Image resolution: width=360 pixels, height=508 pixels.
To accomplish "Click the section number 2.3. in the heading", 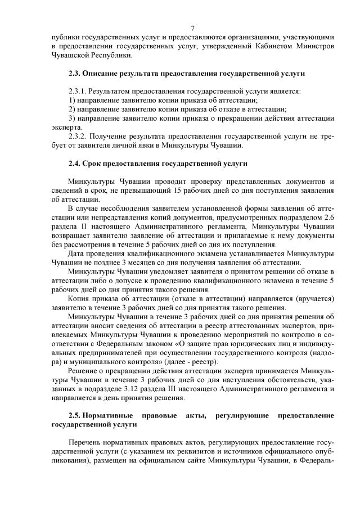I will pos(74,74).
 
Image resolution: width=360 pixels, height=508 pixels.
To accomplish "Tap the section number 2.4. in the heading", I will pos(74,164).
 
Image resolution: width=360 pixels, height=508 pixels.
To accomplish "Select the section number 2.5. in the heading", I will pos(74,415).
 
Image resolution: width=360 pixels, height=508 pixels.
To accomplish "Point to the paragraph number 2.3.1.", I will pos(78,92).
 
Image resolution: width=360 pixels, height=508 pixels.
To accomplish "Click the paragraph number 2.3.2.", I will pos(78,137).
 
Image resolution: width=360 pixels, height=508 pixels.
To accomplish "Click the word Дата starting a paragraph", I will pos(76,254).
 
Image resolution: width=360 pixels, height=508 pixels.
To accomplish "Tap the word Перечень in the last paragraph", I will pos(87,443).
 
